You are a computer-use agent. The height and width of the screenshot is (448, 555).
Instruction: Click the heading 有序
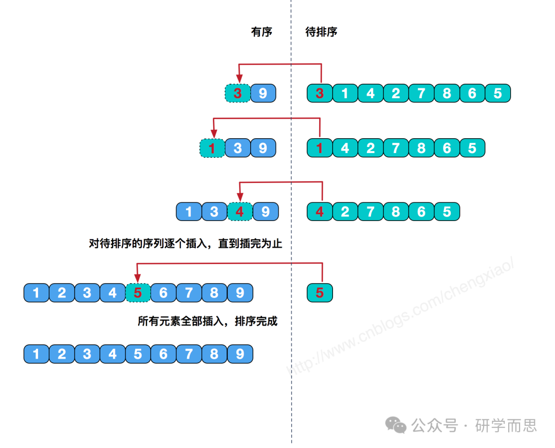pos(261,32)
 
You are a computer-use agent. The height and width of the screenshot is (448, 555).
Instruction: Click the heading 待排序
pos(321,32)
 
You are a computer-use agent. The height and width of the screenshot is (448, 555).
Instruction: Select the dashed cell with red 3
pos(237,93)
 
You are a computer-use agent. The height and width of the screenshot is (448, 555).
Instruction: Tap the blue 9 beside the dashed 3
pos(263,93)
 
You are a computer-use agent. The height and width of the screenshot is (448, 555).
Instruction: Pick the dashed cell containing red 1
pos(212,148)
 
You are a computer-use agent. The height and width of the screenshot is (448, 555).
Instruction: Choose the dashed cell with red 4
pos(240,211)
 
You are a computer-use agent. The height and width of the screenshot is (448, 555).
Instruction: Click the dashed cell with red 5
pos(138,293)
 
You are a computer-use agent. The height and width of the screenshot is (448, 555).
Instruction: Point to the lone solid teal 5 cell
pos(320,293)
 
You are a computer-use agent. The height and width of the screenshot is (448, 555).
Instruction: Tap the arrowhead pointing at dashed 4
pos(240,197)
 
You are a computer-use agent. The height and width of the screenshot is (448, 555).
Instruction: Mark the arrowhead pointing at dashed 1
pos(213,134)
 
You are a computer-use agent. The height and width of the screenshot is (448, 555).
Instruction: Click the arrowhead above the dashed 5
pos(137,278)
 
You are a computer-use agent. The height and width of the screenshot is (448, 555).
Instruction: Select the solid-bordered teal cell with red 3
pos(320,93)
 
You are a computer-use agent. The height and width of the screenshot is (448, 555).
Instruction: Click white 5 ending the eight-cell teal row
pos(497,93)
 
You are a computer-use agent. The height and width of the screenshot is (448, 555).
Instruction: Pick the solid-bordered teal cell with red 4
pos(320,211)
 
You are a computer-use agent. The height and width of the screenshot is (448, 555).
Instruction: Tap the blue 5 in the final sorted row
pos(138,354)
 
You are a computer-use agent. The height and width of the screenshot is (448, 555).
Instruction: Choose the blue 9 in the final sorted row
pos(240,354)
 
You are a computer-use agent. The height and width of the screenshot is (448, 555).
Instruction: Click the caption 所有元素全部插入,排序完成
pos(207,322)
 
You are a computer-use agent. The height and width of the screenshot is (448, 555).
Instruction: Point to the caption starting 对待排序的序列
pos(186,244)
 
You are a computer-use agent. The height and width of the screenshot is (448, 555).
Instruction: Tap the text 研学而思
pos(506,425)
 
